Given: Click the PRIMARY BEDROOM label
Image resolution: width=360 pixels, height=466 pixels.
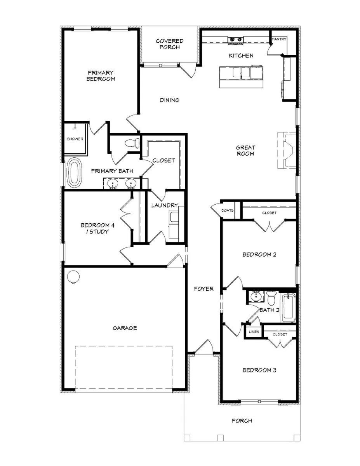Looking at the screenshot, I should click(101, 76).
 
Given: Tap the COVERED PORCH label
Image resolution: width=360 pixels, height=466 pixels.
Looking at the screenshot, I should click(170, 44).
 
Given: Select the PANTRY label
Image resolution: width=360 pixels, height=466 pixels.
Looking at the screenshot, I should click(279, 39).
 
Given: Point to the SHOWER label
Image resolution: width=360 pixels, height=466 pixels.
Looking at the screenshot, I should click(75, 139).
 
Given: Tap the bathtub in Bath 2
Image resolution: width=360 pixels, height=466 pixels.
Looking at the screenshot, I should click(288, 308).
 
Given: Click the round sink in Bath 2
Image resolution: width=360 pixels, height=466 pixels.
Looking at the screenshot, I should click(256, 297).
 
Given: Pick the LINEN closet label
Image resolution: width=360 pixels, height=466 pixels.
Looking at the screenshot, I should click(254, 332).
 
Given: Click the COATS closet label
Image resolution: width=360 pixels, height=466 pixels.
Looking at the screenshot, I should click(228, 210).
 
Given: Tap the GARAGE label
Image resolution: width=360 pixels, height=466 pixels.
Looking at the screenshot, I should click(125, 328).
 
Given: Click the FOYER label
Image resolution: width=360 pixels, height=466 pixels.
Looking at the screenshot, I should click(204, 289).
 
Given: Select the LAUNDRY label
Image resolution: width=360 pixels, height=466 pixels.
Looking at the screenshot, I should click(165, 205).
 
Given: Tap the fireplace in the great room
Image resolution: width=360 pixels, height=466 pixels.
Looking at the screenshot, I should click(287, 150).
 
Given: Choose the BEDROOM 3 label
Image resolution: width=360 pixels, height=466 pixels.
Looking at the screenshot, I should click(259, 370).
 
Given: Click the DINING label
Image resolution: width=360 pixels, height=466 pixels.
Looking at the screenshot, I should click(170, 100).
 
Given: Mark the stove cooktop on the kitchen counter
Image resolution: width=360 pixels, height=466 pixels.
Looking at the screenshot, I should click(235, 39).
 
